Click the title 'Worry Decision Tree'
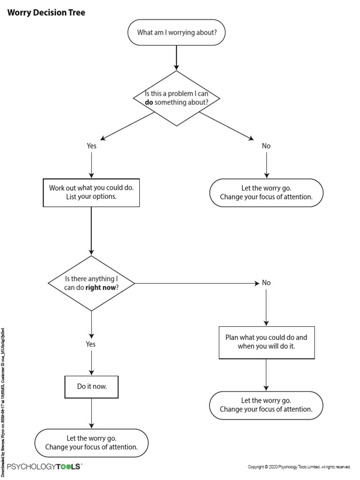click(46, 13)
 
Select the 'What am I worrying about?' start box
click(176, 32)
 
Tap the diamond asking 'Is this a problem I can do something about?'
click(176, 98)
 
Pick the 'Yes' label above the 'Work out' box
click(91, 146)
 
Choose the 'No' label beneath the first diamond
click(266, 146)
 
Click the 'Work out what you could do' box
click(91, 192)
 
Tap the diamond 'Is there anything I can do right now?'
click(91, 283)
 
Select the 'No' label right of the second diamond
click(266, 283)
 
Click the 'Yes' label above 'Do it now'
click(90, 344)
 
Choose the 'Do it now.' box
click(91, 387)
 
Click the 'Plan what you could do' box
click(266, 342)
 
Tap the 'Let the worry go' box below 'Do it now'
click(91, 443)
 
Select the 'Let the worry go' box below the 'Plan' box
click(266, 405)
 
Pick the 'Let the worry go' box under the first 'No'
click(266, 193)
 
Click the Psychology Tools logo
click(45, 466)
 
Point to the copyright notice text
click(299, 467)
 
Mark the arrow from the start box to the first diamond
click(176, 58)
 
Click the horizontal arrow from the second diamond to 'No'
click(197, 283)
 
